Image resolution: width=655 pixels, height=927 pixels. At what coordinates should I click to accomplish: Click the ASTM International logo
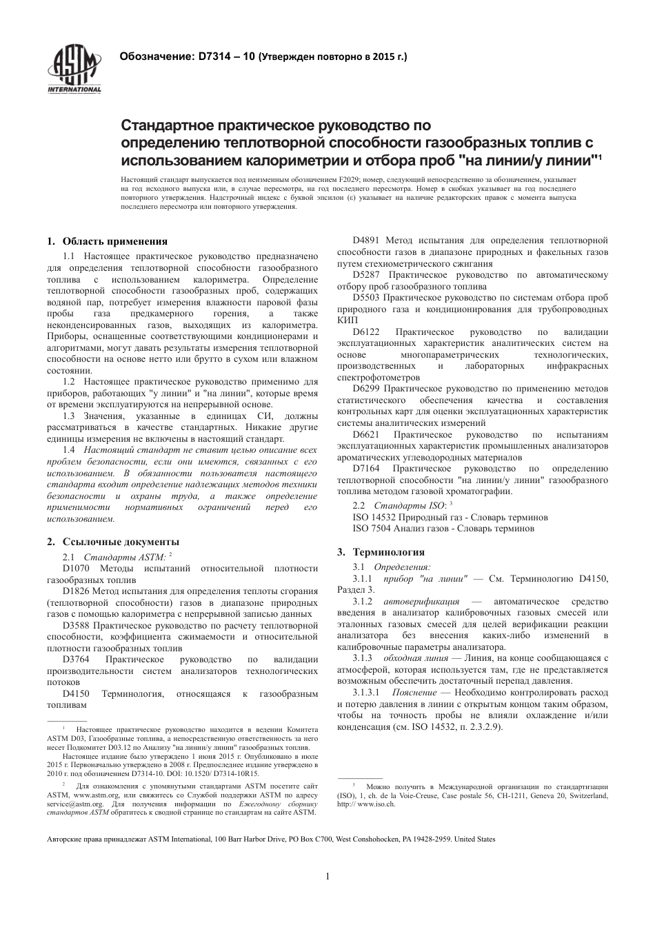click(74, 69)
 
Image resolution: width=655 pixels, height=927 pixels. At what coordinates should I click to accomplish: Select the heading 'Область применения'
click(114, 241)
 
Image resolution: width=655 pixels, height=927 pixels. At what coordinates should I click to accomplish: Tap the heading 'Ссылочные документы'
click(121, 541)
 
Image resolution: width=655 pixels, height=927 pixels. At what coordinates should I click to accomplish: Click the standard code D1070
click(76, 568)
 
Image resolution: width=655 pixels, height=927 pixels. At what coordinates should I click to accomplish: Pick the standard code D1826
click(76, 591)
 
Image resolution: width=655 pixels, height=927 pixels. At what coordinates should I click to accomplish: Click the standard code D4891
click(367, 241)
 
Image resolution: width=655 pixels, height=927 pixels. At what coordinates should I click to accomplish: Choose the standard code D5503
click(367, 297)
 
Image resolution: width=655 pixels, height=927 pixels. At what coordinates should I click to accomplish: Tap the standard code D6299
click(367, 388)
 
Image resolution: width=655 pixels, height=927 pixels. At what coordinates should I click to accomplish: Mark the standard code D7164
click(367, 469)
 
